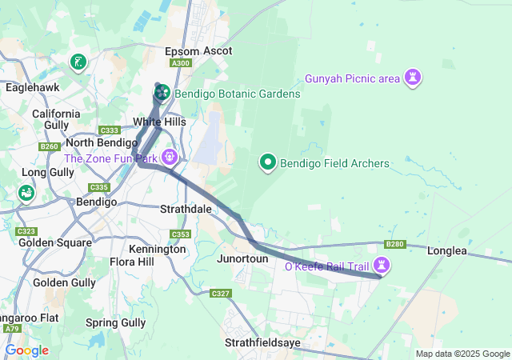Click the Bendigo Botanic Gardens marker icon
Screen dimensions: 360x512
click(x=161, y=93)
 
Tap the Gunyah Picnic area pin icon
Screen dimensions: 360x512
click(x=414, y=78)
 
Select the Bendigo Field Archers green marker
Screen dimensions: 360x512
click(x=268, y=162)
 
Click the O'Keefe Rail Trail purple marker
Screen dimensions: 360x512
click(x=383, y=265)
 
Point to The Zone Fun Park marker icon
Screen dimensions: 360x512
click(x=169, y=157)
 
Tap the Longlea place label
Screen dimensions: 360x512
click(x=446, y=250)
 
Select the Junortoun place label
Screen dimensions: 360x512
click(x=242, y=259)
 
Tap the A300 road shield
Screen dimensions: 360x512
click(x=182, y=63)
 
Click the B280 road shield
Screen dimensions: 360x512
click(x=395, y=244)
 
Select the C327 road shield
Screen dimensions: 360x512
click(x=221, y=294)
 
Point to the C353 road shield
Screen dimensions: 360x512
click(x=181, y=234)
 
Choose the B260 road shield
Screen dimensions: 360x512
click(x=50, y=146)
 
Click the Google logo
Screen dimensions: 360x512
click(x=26, y=350)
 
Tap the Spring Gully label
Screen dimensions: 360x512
click(x=116, y=322)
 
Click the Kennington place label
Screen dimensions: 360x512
click(x=158, y=249)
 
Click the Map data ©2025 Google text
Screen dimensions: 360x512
click(x=462, y=354)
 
